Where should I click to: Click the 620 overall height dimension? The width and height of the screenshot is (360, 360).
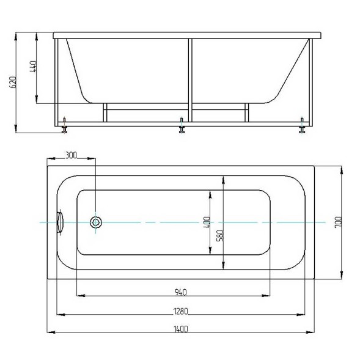[13, 82]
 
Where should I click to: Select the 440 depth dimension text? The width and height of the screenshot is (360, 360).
[33, 67]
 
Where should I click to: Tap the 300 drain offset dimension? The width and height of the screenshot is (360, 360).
[71, 155]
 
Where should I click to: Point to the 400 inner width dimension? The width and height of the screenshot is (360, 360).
[207, 222]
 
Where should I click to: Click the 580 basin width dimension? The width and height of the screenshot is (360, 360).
[220, 236]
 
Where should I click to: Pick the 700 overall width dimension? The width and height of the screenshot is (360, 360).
[339, 222]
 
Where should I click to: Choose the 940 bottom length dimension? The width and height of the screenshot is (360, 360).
[181, 292]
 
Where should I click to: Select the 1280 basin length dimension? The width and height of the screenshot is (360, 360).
[181, 311]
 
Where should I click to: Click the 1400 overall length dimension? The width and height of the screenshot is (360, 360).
[181, 329]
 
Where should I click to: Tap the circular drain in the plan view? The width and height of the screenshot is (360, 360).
[96, 222]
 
